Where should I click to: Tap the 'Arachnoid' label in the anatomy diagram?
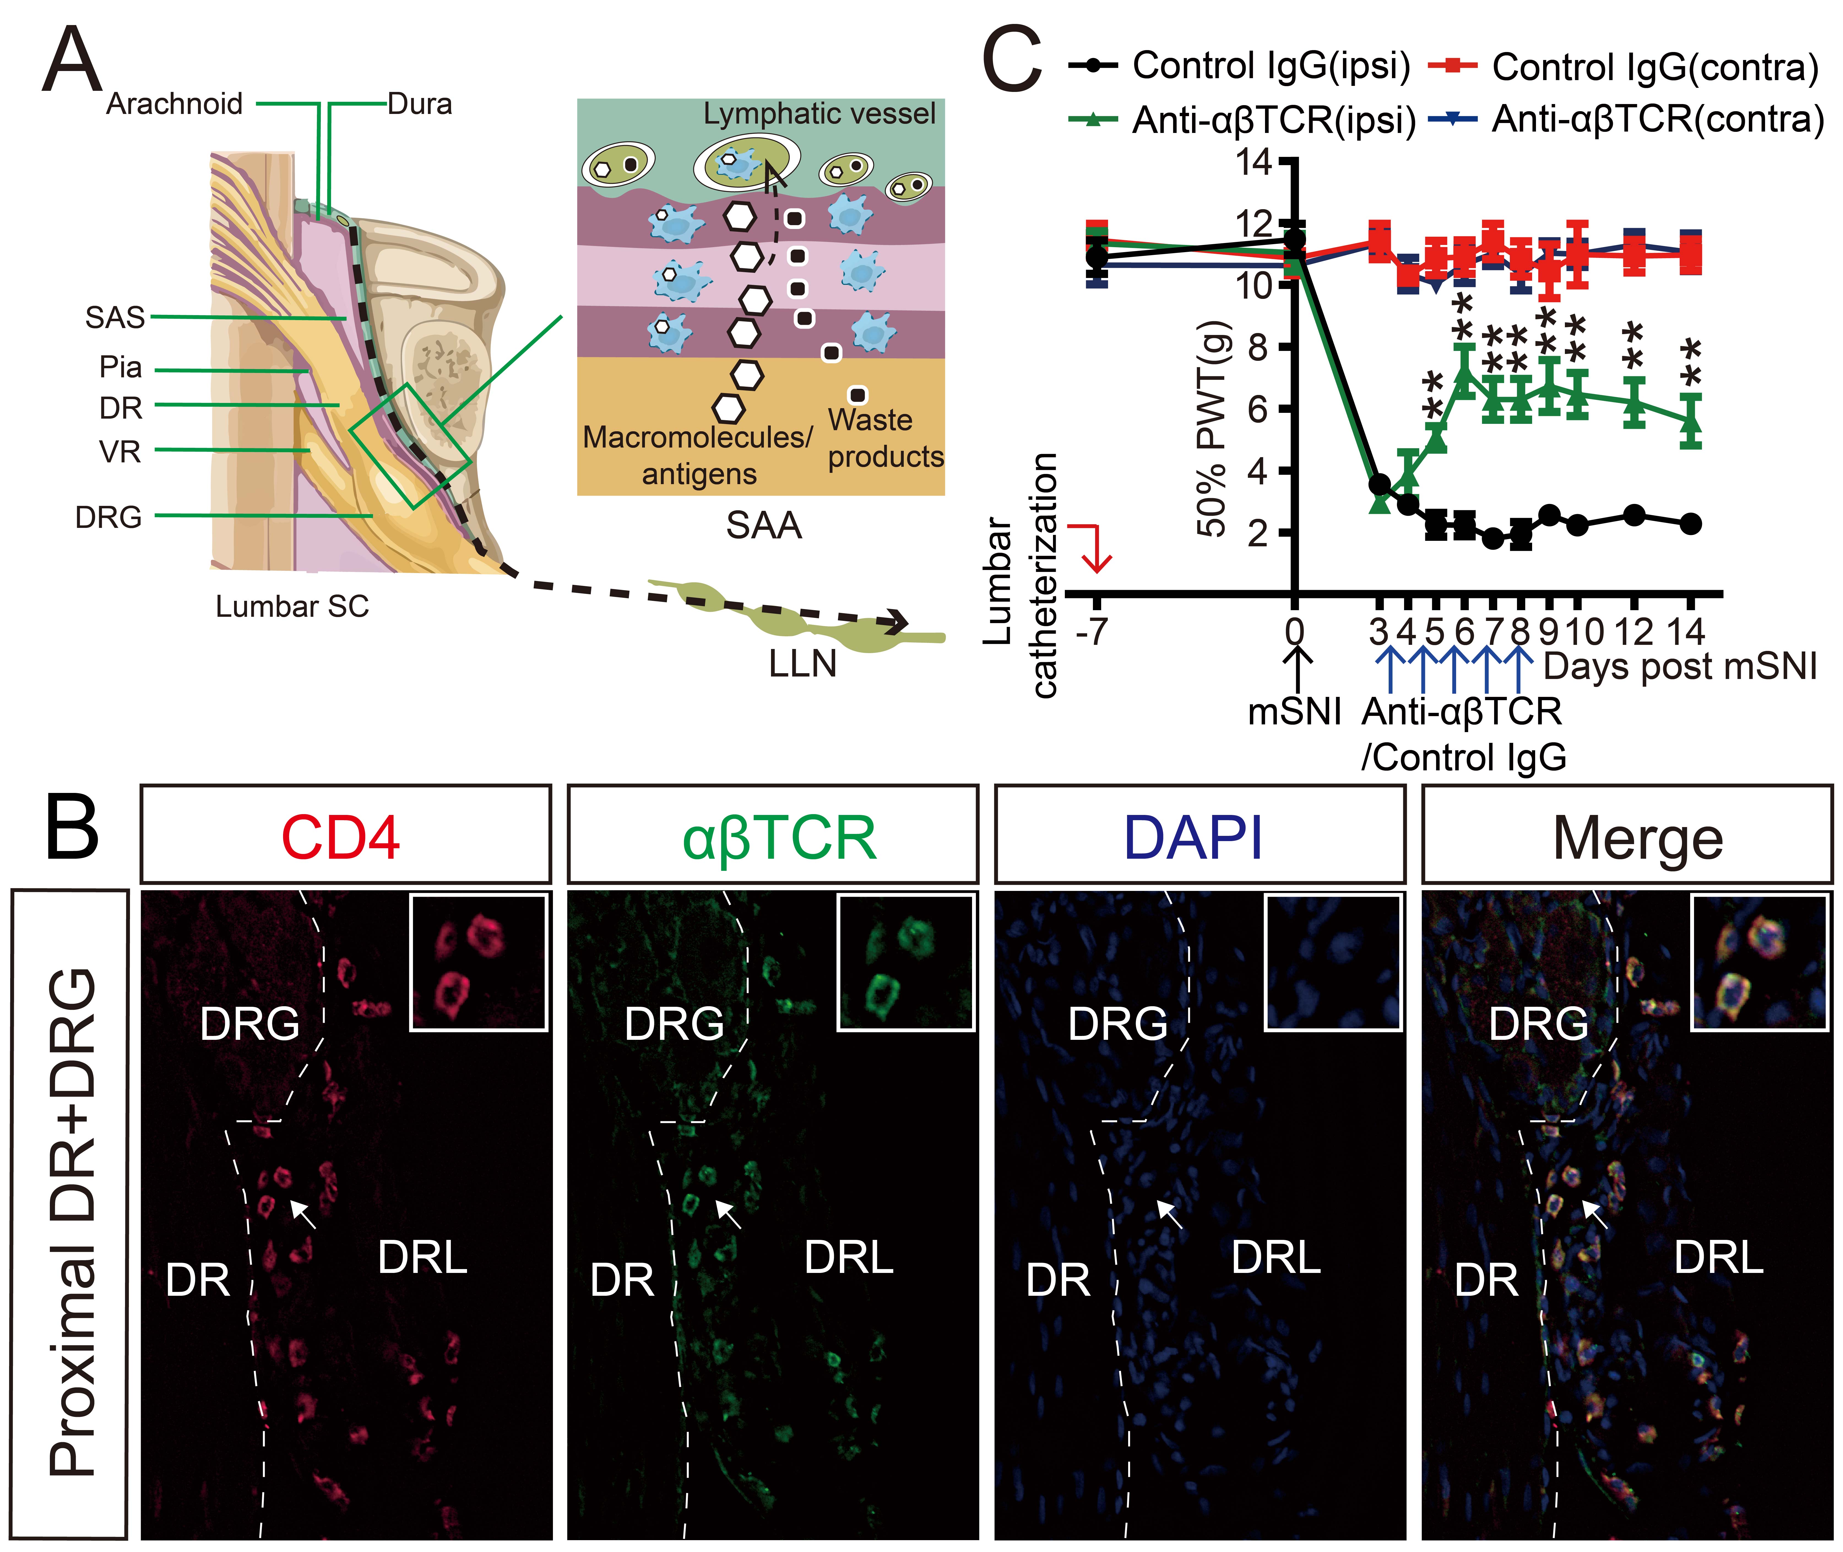point(174,104)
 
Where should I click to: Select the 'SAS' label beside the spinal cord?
point(115,317)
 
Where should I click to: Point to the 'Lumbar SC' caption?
point(292,606)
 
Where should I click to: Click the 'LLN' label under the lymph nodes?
point(803,663)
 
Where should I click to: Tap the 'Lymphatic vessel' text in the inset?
point(819,113)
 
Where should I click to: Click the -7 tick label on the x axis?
point(1092,632)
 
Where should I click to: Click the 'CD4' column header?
point(341,837)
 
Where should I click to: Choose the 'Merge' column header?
point(1637,837)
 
